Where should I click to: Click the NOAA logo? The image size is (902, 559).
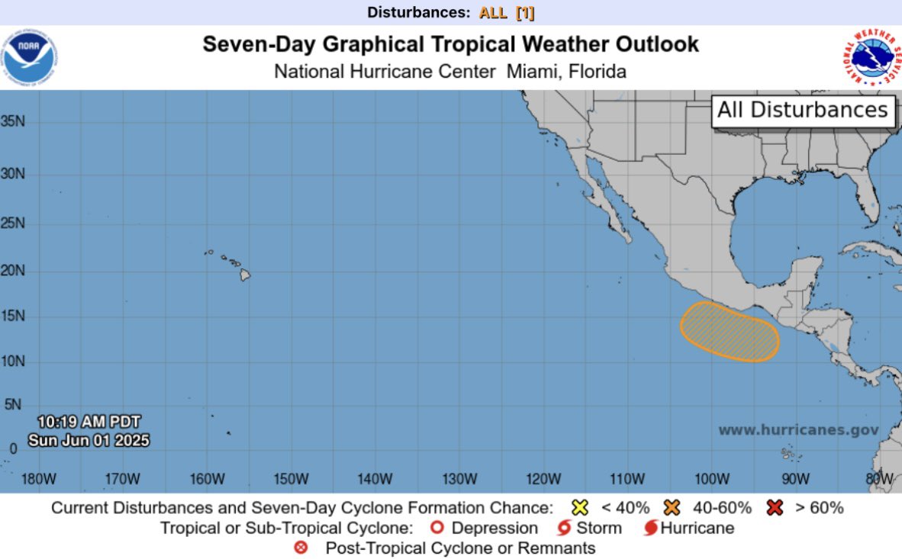[30, 58]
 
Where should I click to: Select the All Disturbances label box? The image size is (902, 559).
[803, 110]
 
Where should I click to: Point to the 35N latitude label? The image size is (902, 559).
[13, 121]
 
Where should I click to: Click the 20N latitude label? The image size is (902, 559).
[13, 271]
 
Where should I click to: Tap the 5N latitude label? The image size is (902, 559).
[13, 406]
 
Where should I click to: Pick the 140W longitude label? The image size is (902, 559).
[375, 479]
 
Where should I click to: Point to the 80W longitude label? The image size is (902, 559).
[879, 479]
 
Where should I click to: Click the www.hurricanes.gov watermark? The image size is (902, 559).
[798, 430]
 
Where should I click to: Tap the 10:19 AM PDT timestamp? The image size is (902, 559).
[89, 422]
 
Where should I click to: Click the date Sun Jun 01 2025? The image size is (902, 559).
[89, 441]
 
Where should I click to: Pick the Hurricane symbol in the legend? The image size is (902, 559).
[651, 528]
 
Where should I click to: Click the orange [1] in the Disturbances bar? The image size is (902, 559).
[525, 12]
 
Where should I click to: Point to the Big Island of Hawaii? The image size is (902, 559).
[245, 275]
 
